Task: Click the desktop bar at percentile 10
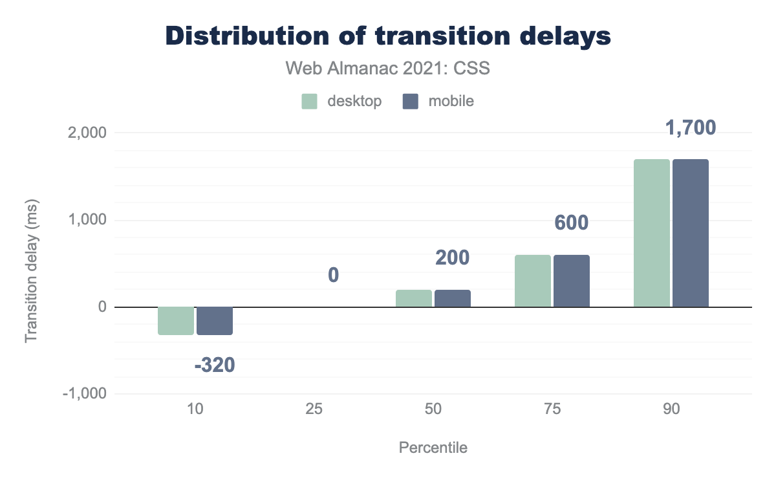coord(176,321)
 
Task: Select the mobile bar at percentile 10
coord(215,321)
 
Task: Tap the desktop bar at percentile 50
coord(414,298)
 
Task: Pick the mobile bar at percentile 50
coord(453,298)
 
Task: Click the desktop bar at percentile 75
coord(533,281)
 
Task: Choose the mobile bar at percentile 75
coord(572,281)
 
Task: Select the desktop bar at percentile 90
coord(652,233)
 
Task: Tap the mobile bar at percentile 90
coord(691,233)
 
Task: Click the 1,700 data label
coord(691,128)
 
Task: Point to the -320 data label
coord(215,365)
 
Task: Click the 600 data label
coord(572,223)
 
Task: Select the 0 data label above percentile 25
coord(334,276)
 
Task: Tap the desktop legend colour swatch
coord(309,102)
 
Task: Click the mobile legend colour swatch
coord(411,102)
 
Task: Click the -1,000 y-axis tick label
coord(84,394)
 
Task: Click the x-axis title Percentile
coord(433,448)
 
